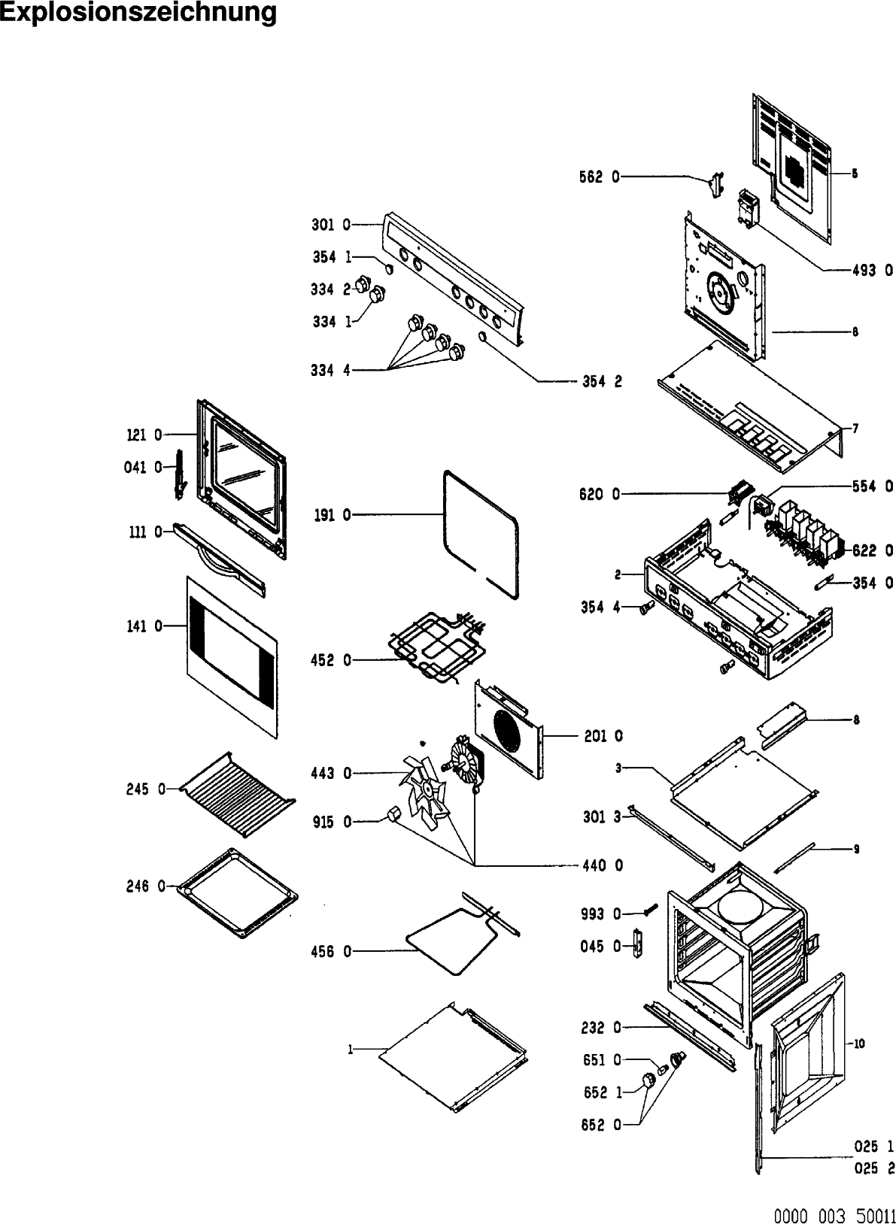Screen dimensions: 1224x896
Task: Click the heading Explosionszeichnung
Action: [x=138, y=14]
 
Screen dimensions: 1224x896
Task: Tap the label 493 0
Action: [x=872, y=271]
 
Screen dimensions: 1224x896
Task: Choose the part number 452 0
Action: [x=330, y=661]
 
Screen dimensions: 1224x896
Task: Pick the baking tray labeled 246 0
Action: [x=236, y=892]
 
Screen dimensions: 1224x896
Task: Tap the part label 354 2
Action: [x=602, y=381]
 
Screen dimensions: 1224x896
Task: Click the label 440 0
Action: [x=603, y=865]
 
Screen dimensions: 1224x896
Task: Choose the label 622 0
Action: [x=873, y=550]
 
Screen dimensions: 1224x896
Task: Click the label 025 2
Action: [x=873, y=1168]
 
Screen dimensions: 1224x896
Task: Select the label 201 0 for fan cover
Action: [x=603, y=736]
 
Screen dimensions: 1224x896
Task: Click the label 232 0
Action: [x=601, y=1027]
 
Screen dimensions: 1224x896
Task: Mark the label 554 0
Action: [x=873, y=486]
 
